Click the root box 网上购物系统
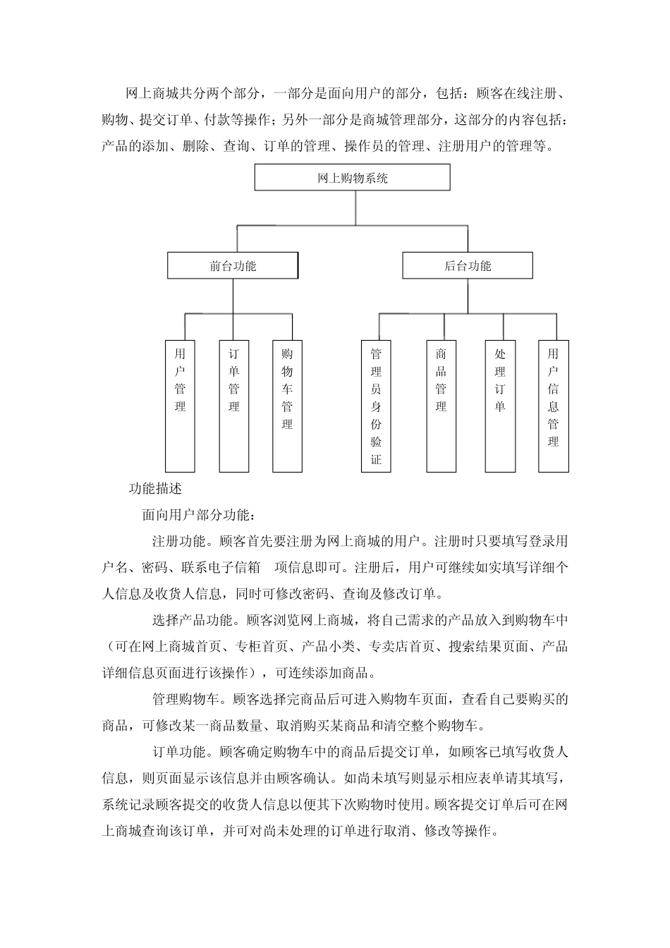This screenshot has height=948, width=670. tap(352, 178)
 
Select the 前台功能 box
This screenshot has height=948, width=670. tap(232, 266)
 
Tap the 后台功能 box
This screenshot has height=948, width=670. tap(467, 266)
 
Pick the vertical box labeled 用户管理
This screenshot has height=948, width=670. tap(180, 406)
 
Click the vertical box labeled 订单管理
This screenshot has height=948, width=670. tap(234, 406)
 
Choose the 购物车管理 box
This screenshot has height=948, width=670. tap(287, 406)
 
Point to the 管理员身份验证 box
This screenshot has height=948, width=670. tap(376, 406)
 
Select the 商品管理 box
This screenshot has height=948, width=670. tap(441, 406)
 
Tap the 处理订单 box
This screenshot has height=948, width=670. tap(500, 406)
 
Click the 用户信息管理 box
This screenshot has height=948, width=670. tap(553, 406)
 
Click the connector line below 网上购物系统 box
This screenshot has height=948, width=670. tap(355, 208)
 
